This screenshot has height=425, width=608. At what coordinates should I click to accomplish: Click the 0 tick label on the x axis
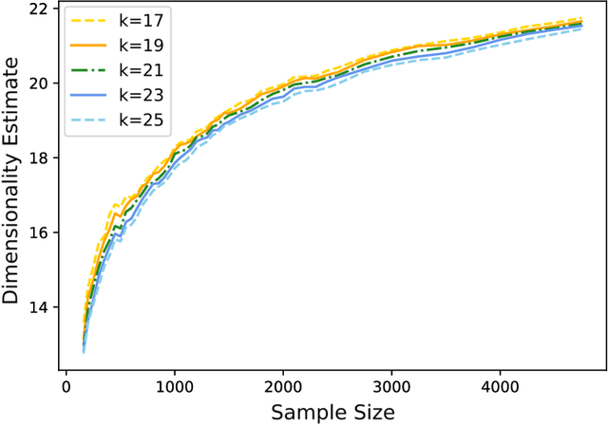pos(66,387)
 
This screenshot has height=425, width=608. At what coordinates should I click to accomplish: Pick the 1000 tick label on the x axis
pos(174,387)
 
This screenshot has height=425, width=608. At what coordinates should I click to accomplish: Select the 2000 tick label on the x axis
pos(281,387)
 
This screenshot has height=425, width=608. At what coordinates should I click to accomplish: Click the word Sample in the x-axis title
pos(301,411)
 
